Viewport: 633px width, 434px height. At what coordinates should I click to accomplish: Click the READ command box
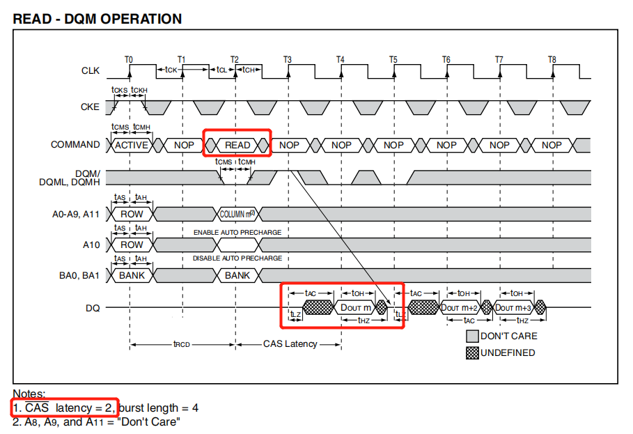point(237,145)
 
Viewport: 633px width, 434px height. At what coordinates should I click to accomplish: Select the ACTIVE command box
point(132,145)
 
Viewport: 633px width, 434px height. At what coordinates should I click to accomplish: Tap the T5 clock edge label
point(393,60)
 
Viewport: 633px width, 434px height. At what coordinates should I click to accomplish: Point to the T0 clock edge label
point(129,60)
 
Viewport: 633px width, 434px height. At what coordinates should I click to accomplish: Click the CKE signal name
point(90,107)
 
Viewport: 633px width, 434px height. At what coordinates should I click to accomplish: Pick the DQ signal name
point(93,307)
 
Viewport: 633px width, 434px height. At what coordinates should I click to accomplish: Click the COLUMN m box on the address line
point(237,214)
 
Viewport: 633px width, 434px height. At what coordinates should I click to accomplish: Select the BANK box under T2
point(237,275)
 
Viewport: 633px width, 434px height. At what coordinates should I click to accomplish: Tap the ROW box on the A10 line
point(132,245)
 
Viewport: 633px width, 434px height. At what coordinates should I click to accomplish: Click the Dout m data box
point(355,307)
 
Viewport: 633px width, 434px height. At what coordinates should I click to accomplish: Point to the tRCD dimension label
point(182,344)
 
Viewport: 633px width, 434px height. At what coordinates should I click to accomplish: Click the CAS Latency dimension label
point(290,344)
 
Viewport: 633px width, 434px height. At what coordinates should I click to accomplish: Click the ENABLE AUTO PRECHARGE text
point(237,232)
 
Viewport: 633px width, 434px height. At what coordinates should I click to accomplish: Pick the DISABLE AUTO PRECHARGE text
point(237,258)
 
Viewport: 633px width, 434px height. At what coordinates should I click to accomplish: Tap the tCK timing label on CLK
point(170,70)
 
